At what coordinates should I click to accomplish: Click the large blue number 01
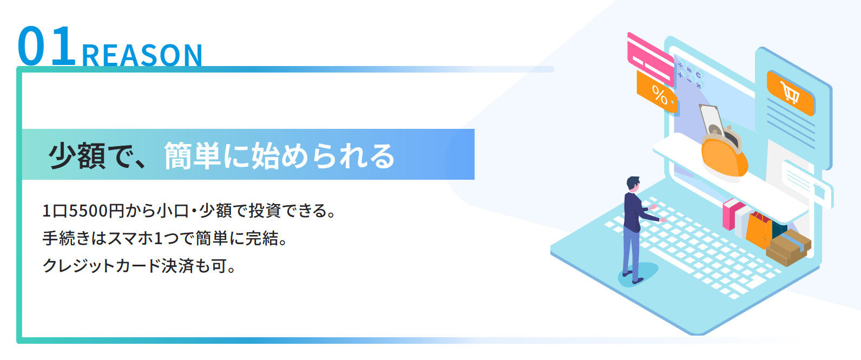coord(46,45)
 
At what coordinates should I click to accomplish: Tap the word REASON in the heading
coord(142,56)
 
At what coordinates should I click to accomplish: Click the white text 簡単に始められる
coord(279,156)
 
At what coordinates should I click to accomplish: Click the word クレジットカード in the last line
coord(101,266)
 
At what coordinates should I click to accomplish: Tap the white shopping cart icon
coord(790,93)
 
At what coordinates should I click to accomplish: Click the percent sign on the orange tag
coord(660,95)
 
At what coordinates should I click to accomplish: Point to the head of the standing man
coord(633,184)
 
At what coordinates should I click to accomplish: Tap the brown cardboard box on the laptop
coord(788,248)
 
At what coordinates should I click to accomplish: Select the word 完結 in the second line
coord(262,238)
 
